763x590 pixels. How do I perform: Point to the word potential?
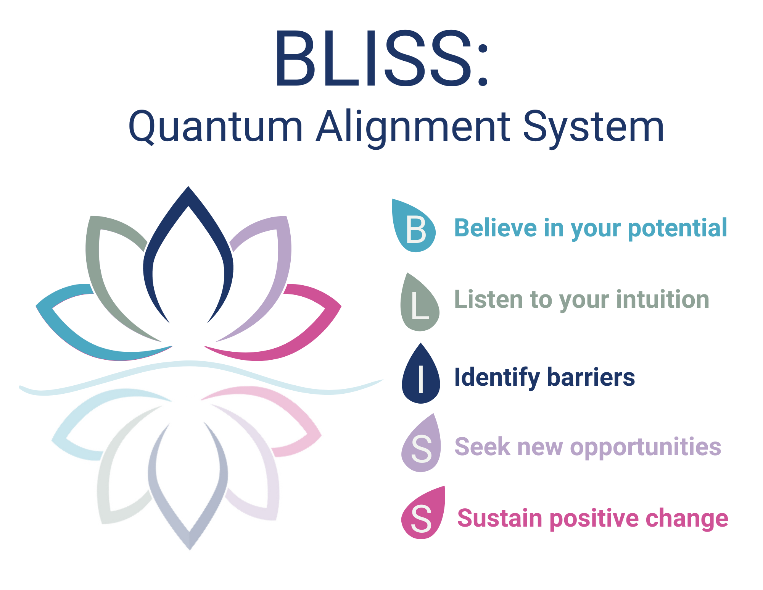[677, 229]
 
